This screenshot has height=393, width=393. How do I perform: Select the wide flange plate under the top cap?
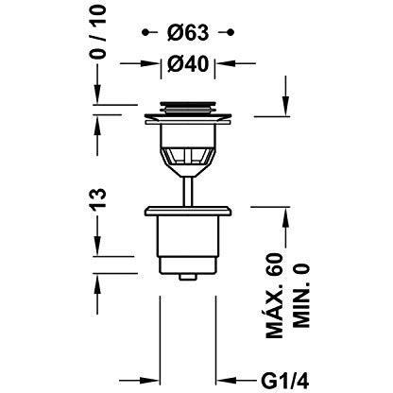[x=185, y=120]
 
